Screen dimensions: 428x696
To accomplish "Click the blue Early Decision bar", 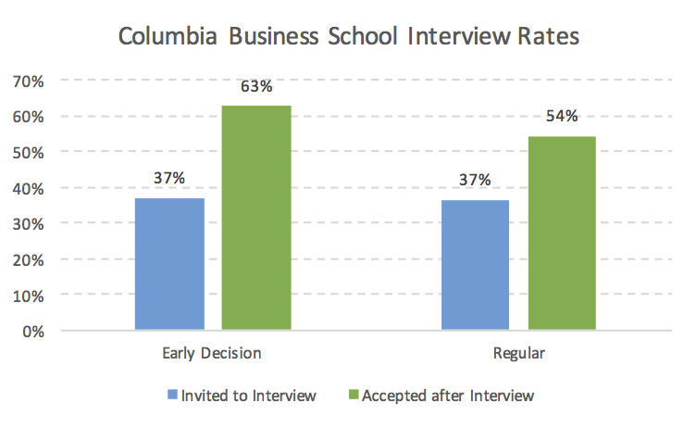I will tap(169, 264).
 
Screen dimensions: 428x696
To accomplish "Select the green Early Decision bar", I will tap(256, 218).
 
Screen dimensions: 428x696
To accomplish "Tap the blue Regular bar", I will tap(475, 265).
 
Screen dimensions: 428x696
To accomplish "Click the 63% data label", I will tap(256, 87).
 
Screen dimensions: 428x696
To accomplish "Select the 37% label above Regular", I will tap(475, 180).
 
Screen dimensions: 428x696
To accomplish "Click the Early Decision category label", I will tap(212, 353).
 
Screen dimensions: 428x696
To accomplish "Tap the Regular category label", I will tap(518, 353).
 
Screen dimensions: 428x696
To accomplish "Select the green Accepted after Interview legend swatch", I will tap(352, 396).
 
